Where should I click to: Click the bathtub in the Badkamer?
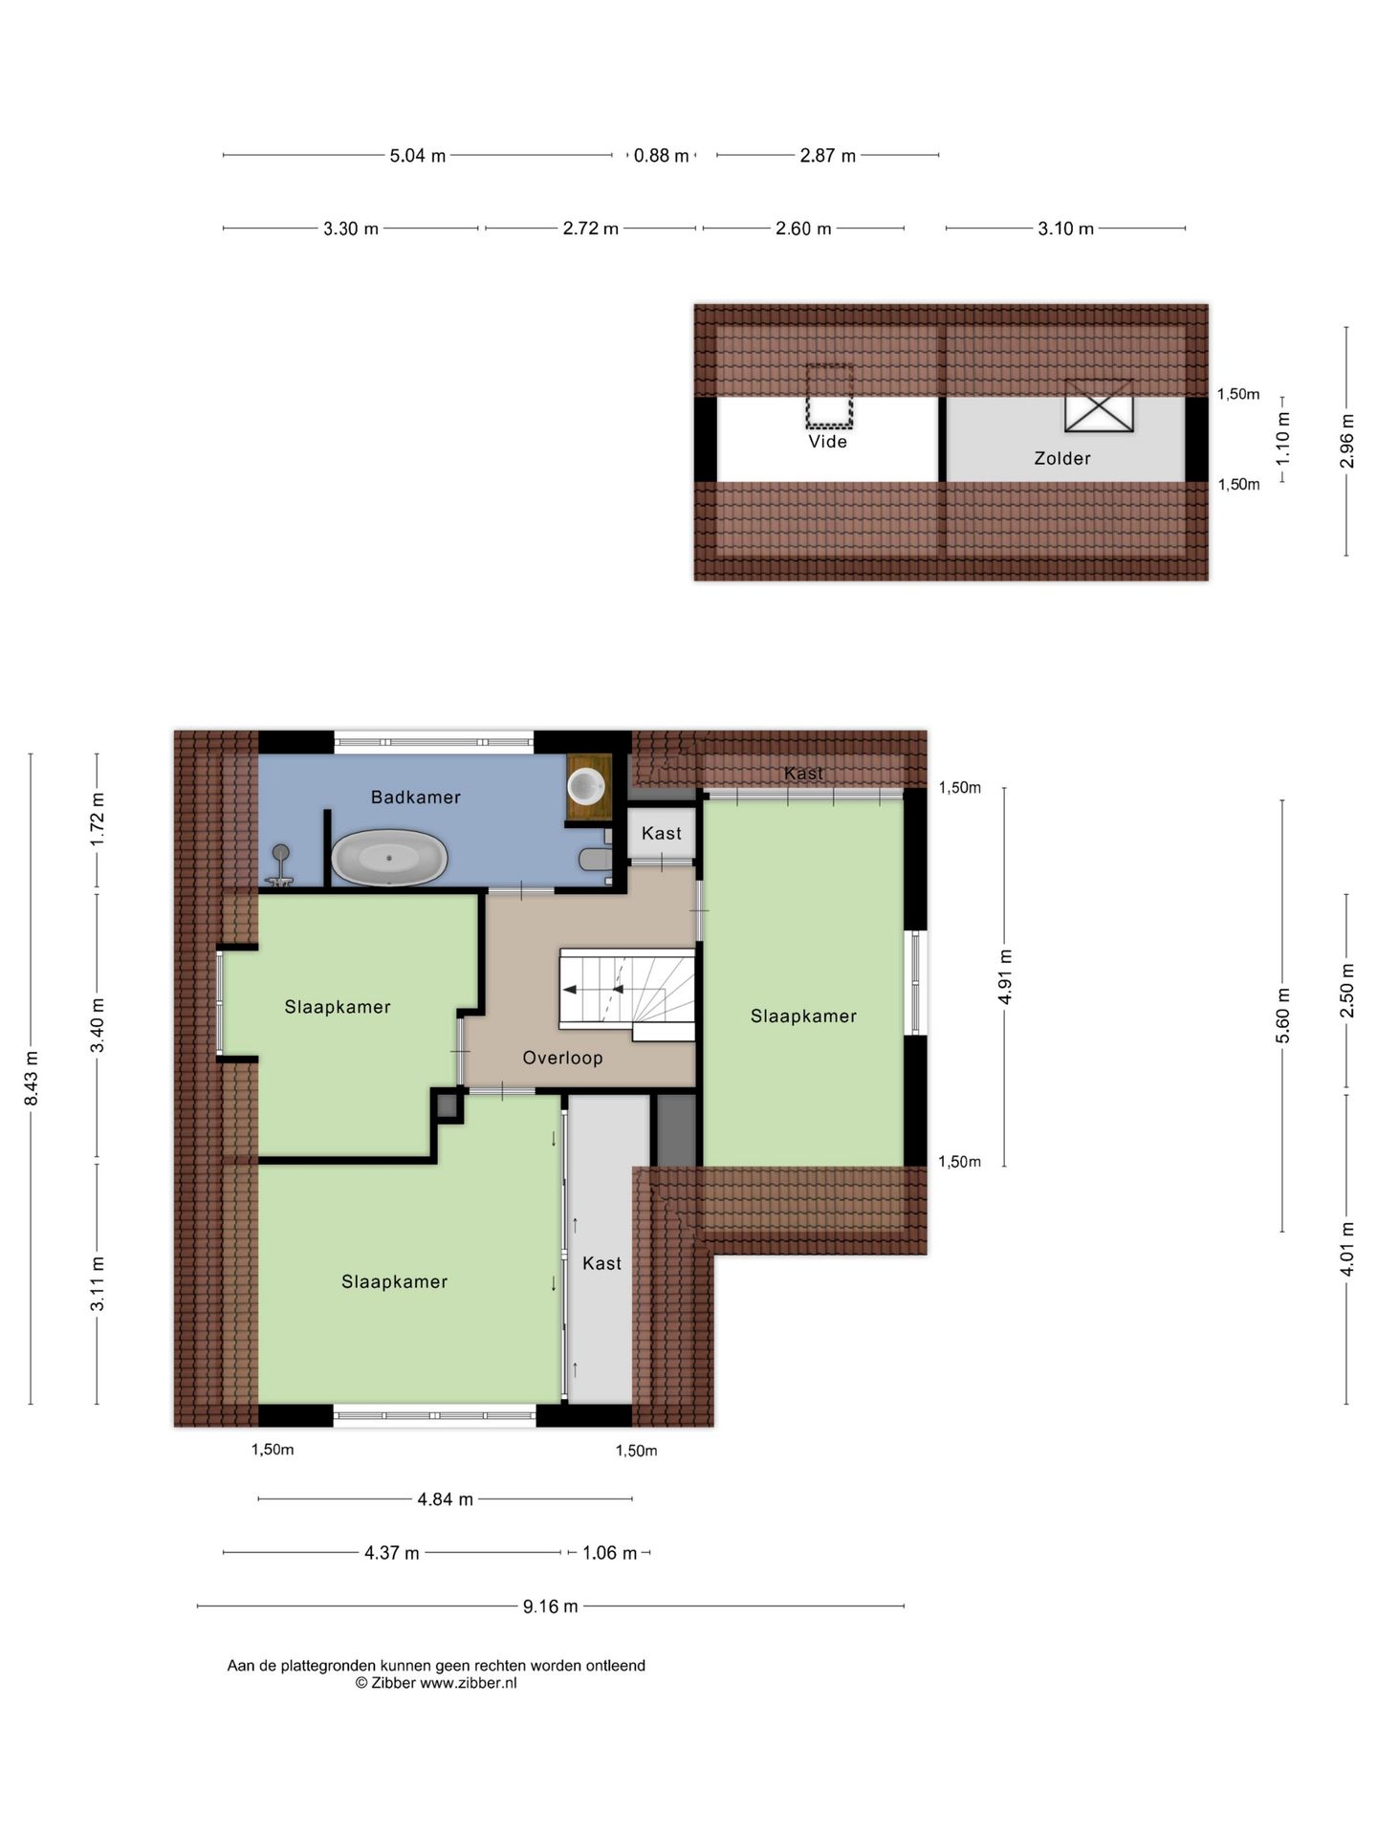point(389,858)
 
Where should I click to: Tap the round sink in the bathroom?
point(585,786)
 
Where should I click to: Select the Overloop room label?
point(562,1058)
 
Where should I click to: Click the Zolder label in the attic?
point(1061,458)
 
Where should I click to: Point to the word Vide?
point(827,442)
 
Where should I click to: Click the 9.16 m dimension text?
point(550,1606)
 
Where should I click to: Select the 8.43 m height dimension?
point(32,1079)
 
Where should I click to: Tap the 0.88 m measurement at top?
point(661,155)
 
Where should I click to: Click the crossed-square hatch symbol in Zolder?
point(1099,406)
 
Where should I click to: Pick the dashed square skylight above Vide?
point(828,397)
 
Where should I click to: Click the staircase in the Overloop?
point(626,990)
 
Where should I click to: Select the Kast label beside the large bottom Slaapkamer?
point(601,1263)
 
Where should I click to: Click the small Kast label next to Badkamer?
point(661,833)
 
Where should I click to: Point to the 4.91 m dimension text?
point(1005,976)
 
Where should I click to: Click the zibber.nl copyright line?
point(436,1683)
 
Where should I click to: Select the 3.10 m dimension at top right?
point(1065,229)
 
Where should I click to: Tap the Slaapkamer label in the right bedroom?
point(803,1016)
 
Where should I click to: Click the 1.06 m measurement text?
point(609,1553)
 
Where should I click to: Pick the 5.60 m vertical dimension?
point(1283,1016)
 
